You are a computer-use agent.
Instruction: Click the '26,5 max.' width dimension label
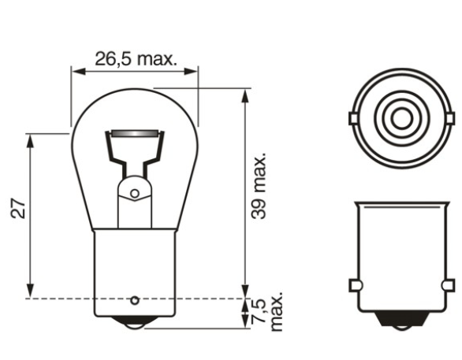[135, 58]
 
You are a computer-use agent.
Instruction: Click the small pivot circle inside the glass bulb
[135, 193]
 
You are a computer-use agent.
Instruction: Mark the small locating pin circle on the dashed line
[135, 299]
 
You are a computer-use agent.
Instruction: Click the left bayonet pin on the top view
[352, 118]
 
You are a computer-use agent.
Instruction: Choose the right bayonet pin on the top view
[450, 118]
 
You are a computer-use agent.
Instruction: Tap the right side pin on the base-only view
[450, 284]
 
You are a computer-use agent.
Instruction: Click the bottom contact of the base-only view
[401, 321]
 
